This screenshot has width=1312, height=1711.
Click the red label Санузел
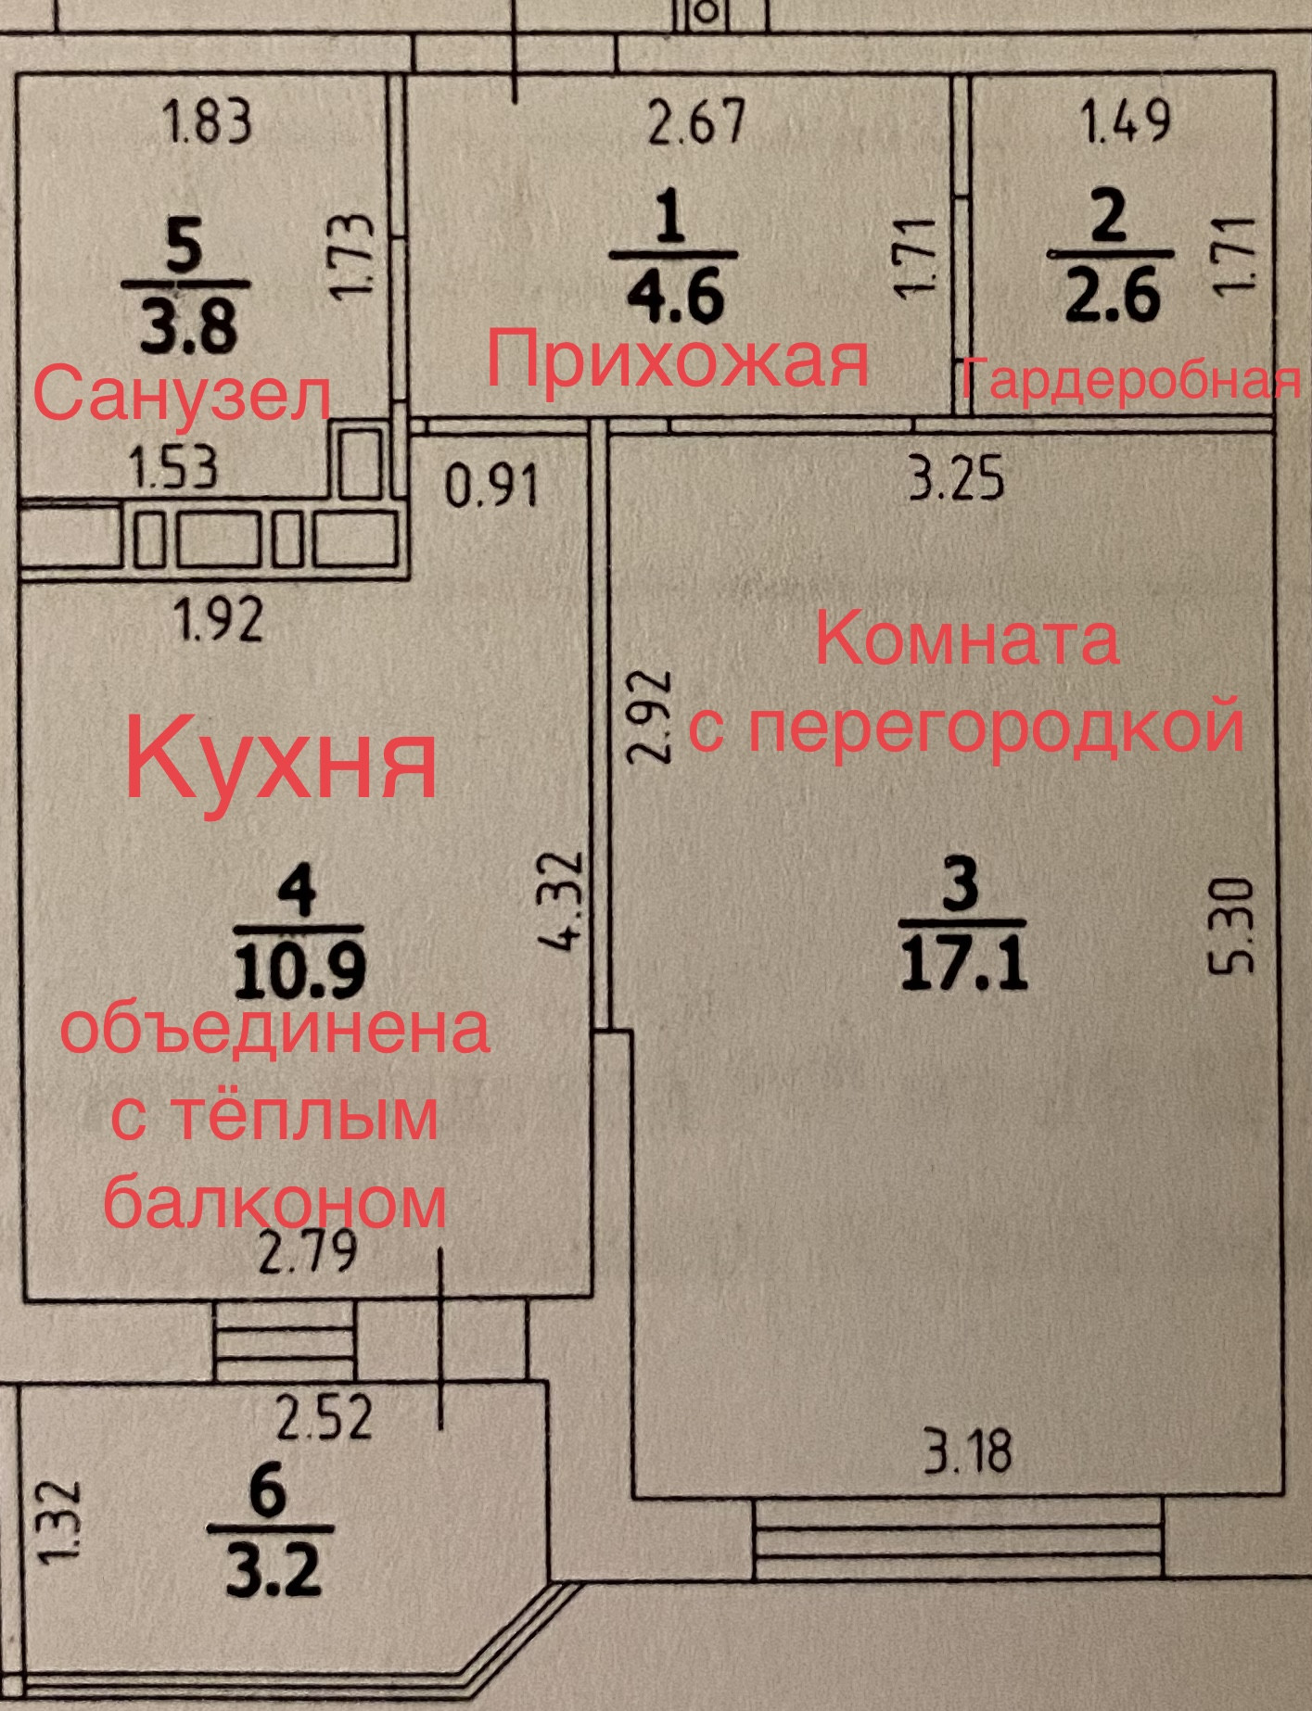(x=182, y=395)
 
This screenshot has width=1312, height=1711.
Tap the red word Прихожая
(x=678, y=361)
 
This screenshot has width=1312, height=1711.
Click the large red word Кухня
(x=281, y=759)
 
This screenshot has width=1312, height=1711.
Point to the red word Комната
(x=967, y=640)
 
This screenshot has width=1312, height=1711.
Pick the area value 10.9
(x=299, y=970)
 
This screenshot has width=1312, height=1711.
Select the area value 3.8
(x=189, y=326)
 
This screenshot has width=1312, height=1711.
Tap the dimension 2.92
(x=649, y=716)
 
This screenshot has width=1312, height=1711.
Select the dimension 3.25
(x=956, y=479)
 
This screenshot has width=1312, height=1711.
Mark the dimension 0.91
(x=491, y=486)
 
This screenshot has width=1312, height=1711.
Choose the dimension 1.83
(x=207, y=122)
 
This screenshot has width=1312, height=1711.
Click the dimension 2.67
(x=696, y=122)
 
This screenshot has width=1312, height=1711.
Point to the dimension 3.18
(x=967, y=1451)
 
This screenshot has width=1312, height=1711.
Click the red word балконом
(x=274, y=1202)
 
